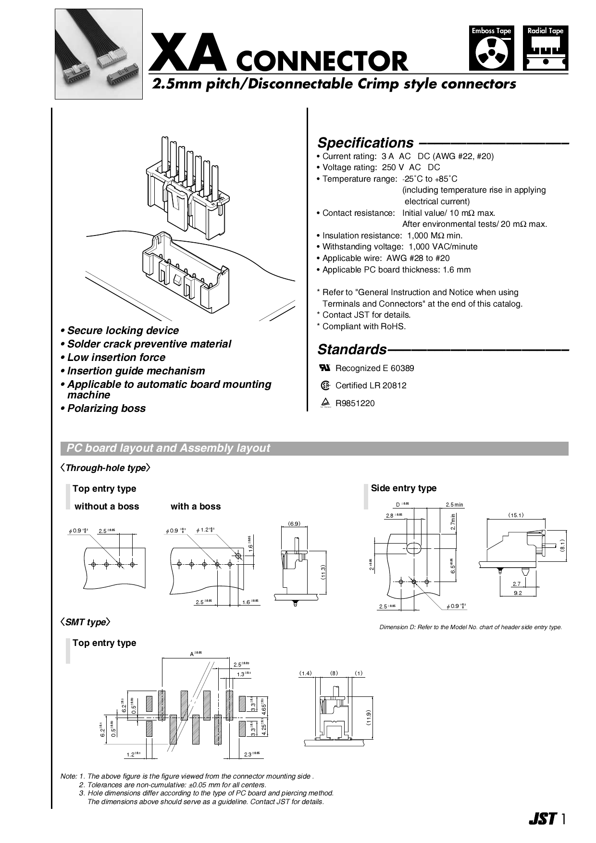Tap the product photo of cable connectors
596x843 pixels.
(x=99, y=54)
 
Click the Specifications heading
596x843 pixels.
(x=365, y=143)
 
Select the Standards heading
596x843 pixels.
(x=352, y=349)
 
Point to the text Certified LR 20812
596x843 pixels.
(x=371, y=385)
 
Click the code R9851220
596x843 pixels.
(x=355, y=403)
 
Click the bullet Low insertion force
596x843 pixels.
(x=116, y=357)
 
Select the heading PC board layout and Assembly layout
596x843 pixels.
(x=168, y=448)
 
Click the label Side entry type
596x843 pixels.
(x=403, y=488)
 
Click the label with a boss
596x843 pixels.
(x=196, y=506)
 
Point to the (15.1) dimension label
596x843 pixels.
(x=516, y=515)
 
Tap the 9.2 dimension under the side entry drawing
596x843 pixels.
(x=517, y=593)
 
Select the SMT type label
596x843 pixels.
(x=85, y=622)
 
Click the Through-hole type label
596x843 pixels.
(x=105, y=468)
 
